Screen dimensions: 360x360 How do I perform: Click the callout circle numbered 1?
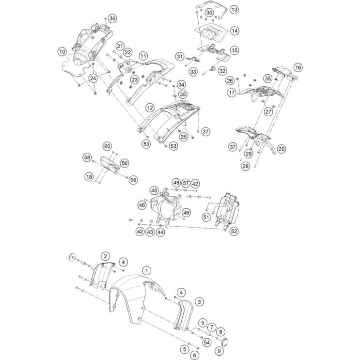pos(147,270)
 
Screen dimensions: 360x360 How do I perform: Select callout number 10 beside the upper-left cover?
pos(62,51)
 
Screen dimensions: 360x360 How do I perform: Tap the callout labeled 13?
pos(234,10)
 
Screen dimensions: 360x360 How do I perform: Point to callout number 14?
pos(235,31)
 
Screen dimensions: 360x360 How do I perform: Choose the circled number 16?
pos(297,67)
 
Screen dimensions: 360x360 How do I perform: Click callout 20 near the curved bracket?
pos(282,149)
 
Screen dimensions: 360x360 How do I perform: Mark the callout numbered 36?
pos(112,18)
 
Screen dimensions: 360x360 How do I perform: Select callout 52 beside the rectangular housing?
pos(234,232)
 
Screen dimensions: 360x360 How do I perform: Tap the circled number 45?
pos(154,190)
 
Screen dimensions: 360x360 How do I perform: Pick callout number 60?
pos(107,146)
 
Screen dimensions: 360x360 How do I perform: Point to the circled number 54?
pos(206,342)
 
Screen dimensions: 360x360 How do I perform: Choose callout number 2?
pos(105,256)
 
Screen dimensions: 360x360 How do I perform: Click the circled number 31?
pos(180,57)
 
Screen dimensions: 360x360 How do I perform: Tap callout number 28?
pos(246,166)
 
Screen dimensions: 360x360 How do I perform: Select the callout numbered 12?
pos(150,107)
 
